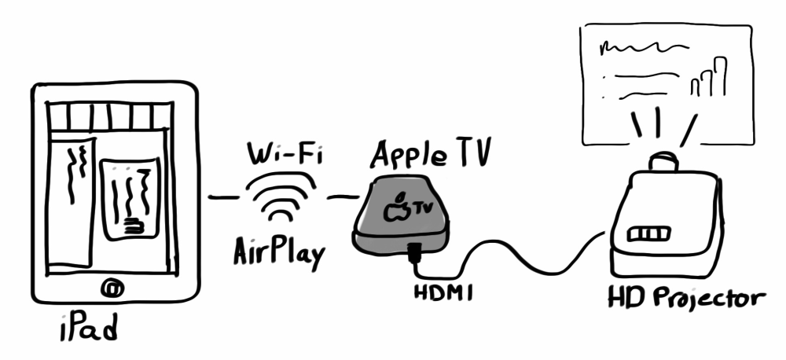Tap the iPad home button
112,288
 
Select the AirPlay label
279,252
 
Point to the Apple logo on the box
396,208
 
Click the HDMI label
443,292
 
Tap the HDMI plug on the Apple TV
414,252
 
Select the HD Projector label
686,298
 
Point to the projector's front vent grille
649,234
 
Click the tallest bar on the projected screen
720,76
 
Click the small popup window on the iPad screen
130,200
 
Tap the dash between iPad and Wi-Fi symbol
223,197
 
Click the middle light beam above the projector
657,122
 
